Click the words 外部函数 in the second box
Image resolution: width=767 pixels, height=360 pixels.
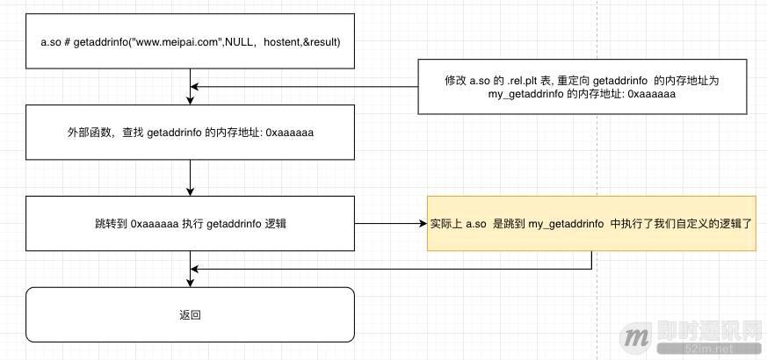(88, 133)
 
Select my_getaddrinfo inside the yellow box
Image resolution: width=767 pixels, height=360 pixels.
(566, 224)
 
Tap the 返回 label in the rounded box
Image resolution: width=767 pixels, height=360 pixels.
(190, 313)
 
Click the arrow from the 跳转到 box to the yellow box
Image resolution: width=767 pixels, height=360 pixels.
(390, 224)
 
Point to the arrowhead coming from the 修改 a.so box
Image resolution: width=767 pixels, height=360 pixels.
(196, 86)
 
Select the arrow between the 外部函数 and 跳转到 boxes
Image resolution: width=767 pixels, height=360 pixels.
(190, 178)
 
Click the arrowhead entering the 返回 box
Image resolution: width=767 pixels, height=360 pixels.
(190, 282)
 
